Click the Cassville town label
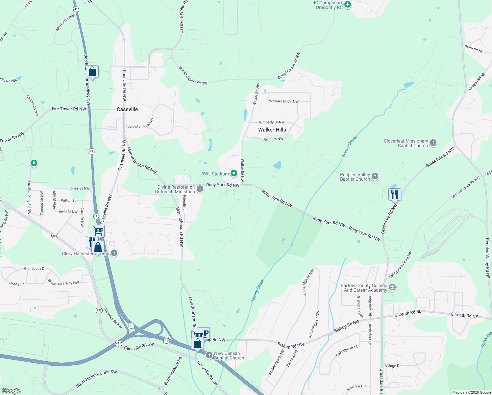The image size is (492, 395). point(127,109)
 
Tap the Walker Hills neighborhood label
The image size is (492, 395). point(272,130)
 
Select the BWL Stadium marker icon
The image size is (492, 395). point(234,173)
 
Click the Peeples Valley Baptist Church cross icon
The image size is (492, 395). point(375,177)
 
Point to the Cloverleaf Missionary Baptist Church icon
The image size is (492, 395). point(433,143)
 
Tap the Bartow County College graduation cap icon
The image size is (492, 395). point(392,288)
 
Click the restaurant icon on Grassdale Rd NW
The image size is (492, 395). point(395,194)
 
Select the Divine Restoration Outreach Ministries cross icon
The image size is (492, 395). point(200,189)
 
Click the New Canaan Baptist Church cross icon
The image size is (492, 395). point(209,355)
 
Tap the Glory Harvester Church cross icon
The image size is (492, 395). point(114,253)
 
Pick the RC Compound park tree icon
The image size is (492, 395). point(348,5)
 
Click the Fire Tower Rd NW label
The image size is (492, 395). point(69,109)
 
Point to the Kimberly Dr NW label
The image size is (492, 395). point(272,122)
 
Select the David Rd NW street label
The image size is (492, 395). point(273,139)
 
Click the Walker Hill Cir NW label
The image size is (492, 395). point(284,101)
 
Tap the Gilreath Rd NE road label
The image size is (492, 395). point(464,315)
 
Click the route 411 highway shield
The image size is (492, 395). point(118,343)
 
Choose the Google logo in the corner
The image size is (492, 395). point(11,391)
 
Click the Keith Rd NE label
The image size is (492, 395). point(474,49)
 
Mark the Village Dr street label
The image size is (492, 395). point(393,366)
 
